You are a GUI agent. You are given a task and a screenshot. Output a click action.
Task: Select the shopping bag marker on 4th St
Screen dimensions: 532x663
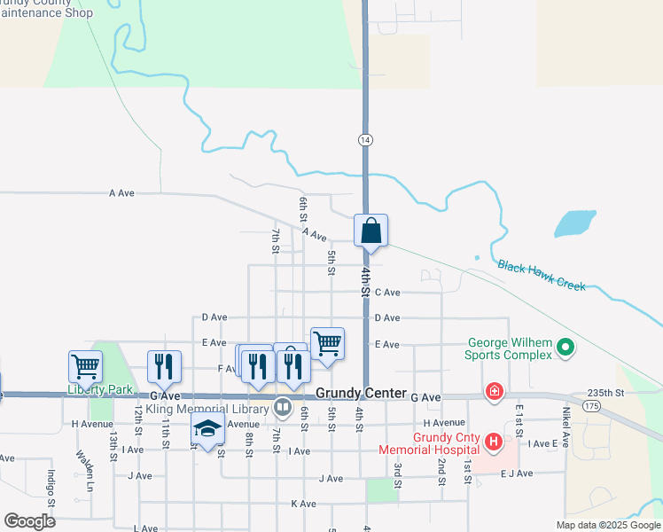pyautogui.click(x=370, y=231)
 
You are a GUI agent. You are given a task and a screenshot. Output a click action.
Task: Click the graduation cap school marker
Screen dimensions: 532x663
pyautogui.click(x=208, y=431)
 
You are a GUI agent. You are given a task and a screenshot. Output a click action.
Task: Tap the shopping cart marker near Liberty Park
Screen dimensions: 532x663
pyautogui.click(x=85, y=365)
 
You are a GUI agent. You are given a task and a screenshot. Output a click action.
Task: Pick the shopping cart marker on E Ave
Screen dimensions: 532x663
pyautogui.click(x=328, y=343)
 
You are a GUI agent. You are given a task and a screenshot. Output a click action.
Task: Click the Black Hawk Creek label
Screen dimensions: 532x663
pyautogui.click(x=542, y=276)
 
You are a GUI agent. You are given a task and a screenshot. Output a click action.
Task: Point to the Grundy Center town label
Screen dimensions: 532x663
pyautogui.click(x=361, y=393)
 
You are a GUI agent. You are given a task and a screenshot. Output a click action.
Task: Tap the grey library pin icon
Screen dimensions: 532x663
pyautogui.click(x=282, y=408)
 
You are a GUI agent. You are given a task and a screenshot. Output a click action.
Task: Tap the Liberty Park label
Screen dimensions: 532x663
pyautogui.click(x=100, y=390)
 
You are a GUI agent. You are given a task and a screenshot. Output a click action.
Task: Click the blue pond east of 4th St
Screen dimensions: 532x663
pyautogui.click(x=574, y=223)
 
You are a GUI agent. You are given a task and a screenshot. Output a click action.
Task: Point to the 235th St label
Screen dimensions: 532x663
pyautogui.click(x=606, y=392)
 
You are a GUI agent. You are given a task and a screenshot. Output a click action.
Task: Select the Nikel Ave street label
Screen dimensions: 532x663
pyautogui.click(x=565, y=426)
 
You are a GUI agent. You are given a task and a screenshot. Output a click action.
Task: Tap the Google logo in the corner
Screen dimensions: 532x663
pyautogui.click(x=29, y=521)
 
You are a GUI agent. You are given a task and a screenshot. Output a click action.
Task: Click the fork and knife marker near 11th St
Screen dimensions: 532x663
pyautogui.click(x=164, y=365)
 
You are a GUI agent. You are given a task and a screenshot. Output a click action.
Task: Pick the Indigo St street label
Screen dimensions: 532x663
pyautogui.click(x=51, y=489)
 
